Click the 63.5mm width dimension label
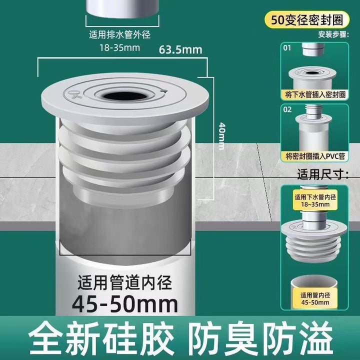coord(180,50)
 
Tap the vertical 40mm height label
coord(221,136)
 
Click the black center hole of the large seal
coord(124,96)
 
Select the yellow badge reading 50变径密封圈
coord(307,20)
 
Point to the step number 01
coord(287,48)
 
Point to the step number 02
coord(287,109)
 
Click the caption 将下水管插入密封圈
coord(315,94)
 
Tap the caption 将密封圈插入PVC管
coord(315,156)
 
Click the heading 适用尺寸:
coord(323,174)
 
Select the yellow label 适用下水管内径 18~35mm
coord(315,200)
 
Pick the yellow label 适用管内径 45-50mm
coord(315,298)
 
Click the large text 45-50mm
coord(125,304)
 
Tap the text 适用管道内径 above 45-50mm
coord(124,282)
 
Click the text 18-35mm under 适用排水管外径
coord(119,48)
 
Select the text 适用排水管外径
coord(120,35)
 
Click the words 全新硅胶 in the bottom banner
coord(101,338)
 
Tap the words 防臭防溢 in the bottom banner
coord(262,338)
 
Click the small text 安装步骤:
coord(333,34)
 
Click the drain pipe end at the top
coord(122,8)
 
